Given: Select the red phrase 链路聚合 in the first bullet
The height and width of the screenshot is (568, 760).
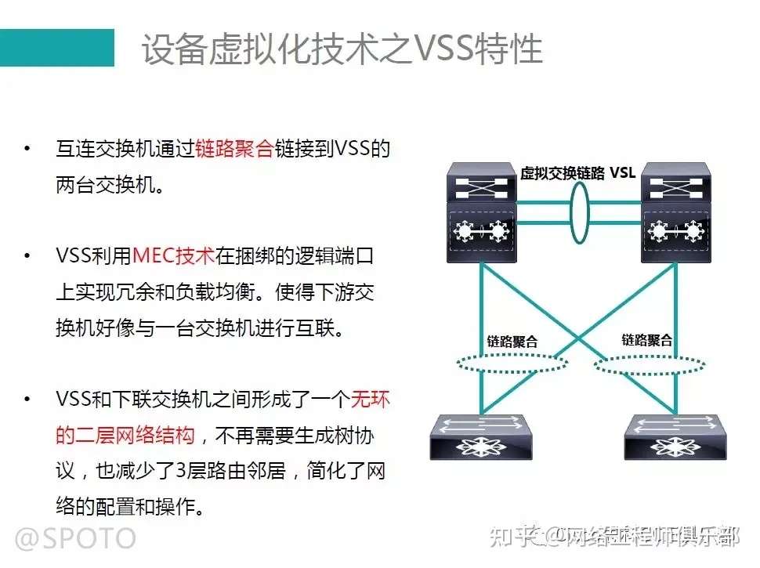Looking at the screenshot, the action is click(234, 149).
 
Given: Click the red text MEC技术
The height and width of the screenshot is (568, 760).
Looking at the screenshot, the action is click(173, 255).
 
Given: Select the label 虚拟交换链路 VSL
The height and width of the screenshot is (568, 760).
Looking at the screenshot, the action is click(578, 173).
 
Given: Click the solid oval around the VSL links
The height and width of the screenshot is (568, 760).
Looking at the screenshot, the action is click(580, 213).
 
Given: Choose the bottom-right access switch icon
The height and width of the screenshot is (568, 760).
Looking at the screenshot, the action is click(672, 436).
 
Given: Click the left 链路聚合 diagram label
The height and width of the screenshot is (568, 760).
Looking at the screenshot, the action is click(512, 342).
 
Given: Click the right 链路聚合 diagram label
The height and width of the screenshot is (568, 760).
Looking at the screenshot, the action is click(647, 340).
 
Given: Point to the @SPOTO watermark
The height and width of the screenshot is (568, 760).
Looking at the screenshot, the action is click(76, 537).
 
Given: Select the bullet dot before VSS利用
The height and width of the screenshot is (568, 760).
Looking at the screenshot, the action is click(29, 255).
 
